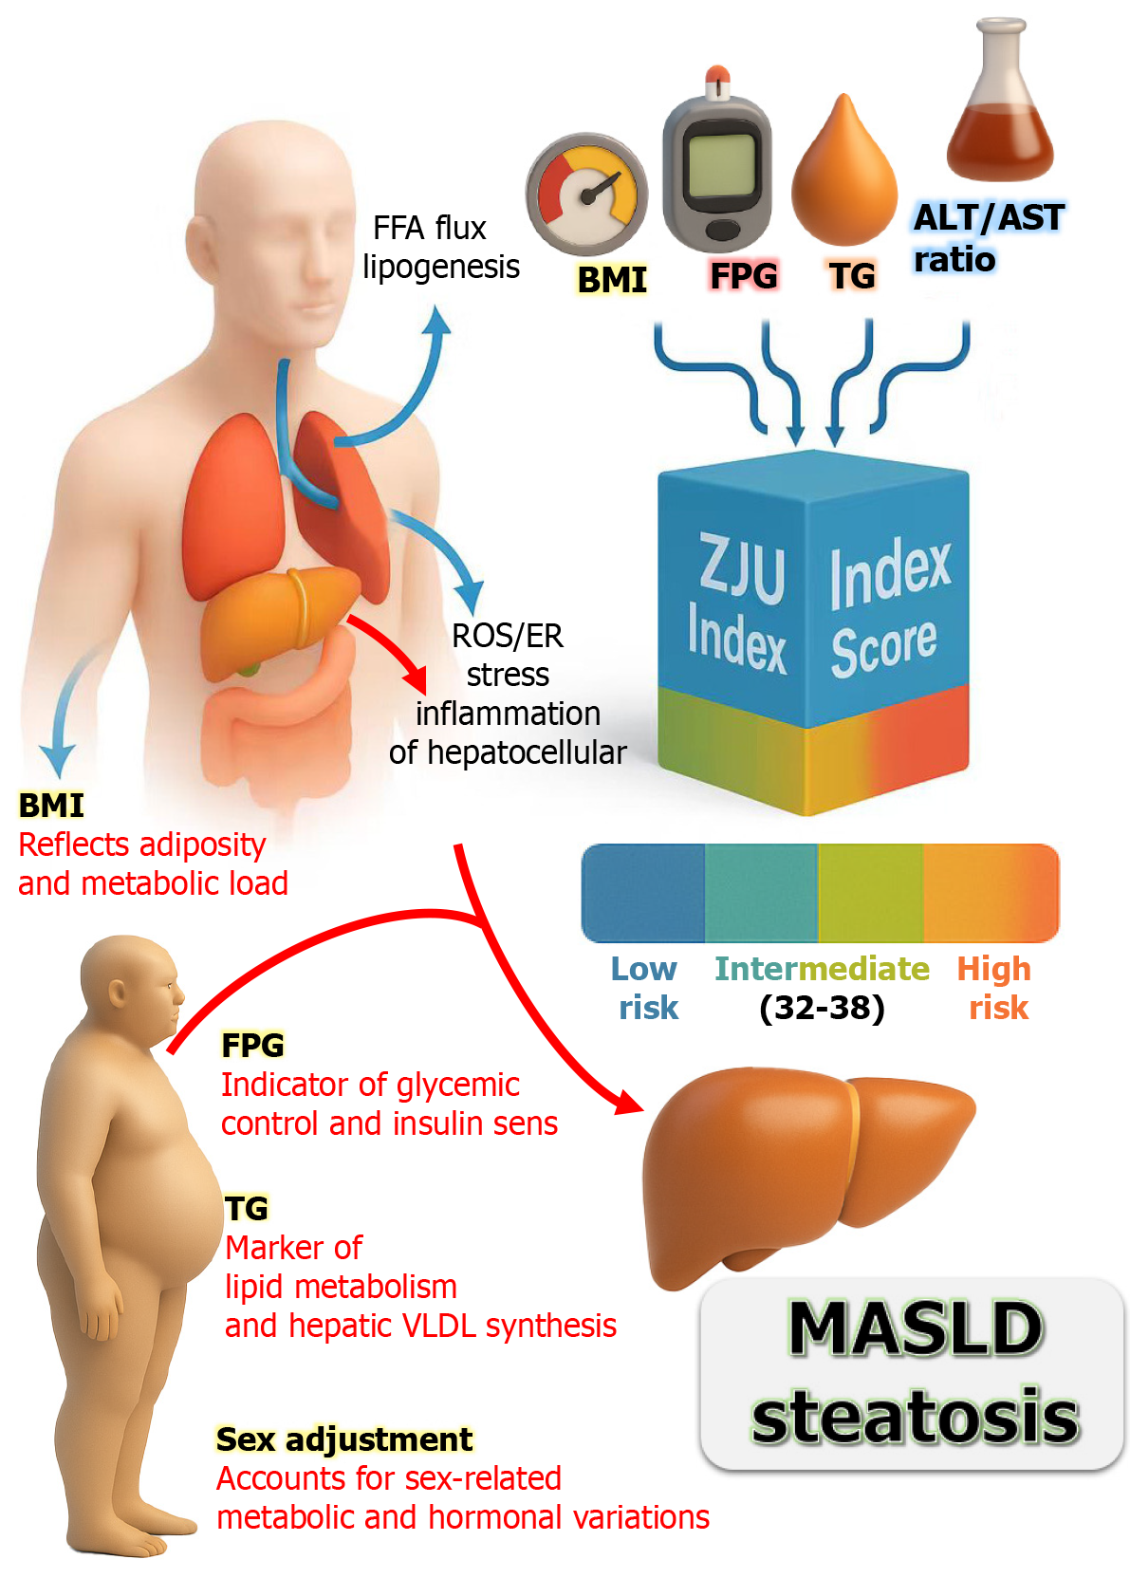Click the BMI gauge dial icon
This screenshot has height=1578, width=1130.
586,194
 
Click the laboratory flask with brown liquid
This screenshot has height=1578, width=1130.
1001,109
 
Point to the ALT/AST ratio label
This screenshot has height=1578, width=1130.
987,237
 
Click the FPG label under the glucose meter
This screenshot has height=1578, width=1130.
744,276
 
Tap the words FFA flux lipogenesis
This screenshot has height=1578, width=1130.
440,248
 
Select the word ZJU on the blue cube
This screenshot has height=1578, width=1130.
742,567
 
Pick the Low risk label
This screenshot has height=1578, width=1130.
646,988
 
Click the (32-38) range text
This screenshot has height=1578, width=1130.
822,1008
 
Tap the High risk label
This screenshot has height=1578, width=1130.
995,988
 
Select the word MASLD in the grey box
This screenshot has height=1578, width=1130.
916,1328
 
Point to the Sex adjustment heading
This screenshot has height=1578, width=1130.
343,1439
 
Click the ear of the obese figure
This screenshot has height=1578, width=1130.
118,993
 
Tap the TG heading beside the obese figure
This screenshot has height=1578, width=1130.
247,1208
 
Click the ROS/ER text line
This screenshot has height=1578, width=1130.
508,636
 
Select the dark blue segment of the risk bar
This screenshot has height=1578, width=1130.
643,892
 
